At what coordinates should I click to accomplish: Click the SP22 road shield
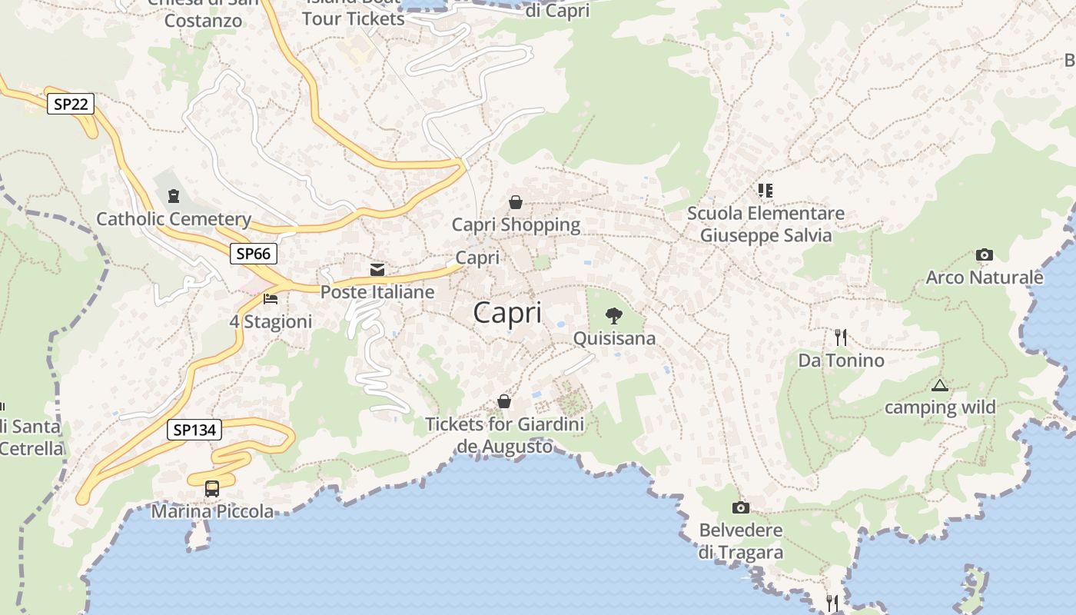click(x=71, y=104)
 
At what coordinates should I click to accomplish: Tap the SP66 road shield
click(x=254, y=254)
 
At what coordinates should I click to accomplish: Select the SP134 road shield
click(x=194, y=430)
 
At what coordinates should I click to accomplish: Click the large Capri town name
click(x=507, y=313)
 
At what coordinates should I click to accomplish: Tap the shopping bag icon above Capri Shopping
click(x=516, y=202)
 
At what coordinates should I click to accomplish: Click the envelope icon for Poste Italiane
click(x=377, y=270)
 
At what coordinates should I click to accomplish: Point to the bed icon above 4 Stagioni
click(x=271, y=298)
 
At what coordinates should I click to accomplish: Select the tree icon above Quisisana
click(x=613, y=314)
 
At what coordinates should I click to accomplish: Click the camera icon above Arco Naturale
click(x=984, y=254)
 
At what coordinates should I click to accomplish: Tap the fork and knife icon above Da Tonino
click(x=841, y=337)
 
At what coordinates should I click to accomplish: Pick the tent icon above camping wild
click(x=939, y=385)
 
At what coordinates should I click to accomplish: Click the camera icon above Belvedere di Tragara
click(x=740, y=507)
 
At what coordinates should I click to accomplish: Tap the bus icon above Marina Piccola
click(x=211, y=488)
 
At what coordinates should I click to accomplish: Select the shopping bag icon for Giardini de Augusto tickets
click(x=504, y=401)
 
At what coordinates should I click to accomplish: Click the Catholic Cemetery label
click(x=174, y=219)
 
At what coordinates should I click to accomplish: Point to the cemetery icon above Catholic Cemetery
click(x=173, y=195)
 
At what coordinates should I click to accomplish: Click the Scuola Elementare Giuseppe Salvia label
click(x=765, y=224)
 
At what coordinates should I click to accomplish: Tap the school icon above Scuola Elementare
click(x=765, y=190)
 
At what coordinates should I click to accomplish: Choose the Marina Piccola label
click(x=212, y=511)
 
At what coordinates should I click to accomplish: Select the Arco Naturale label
click(x=985, y=277)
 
